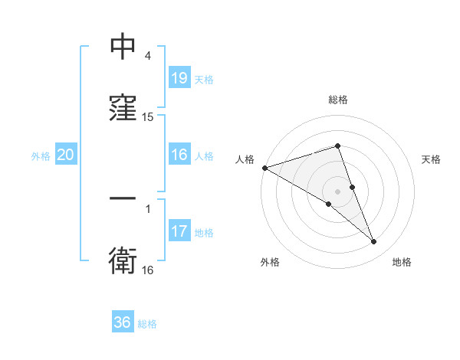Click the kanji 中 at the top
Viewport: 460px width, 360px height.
[123, 48]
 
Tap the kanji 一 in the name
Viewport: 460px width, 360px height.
[123, 198]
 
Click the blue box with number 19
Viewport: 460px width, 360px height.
[179, 78]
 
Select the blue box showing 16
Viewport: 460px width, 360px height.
[179, 155]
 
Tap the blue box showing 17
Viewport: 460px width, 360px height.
[179, 232]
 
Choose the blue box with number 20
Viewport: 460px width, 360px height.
[65, 155]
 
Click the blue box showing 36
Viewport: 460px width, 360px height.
[123, 322]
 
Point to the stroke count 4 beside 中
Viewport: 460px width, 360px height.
[148, 56]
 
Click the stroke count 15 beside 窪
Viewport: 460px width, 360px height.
[148, 117]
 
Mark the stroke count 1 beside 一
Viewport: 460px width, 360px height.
[148, 207]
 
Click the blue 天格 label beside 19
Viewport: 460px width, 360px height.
[203, 79]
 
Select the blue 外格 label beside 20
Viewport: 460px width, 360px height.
[41, 156]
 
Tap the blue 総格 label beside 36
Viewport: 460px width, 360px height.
[147, 323]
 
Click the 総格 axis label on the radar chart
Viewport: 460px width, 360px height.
[337, 100]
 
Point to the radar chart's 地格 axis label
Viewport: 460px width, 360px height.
[402, 262]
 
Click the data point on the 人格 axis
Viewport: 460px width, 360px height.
[264, 168]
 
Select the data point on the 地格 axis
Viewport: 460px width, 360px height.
[374, 241]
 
